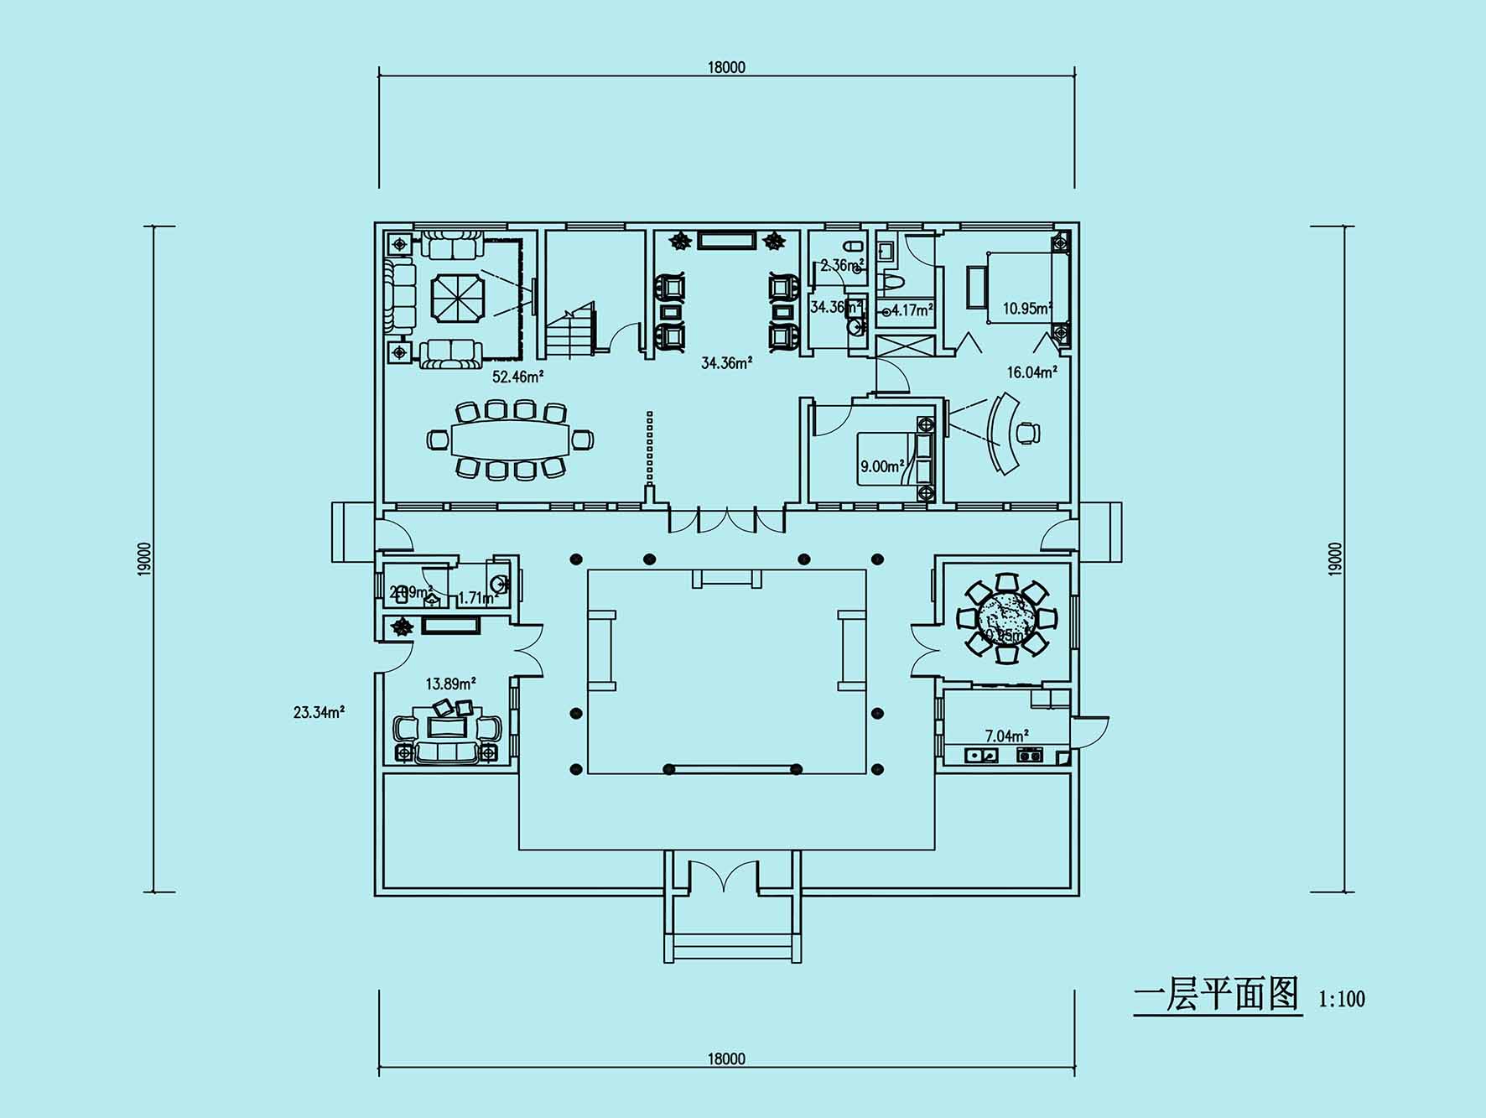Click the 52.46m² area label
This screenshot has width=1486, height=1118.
click(x=517, y=377)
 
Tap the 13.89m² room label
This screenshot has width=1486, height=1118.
click(x=450, y=684)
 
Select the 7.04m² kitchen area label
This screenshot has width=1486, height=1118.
click(x=1006, y=736)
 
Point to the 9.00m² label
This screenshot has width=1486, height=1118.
click(x=882, y=466)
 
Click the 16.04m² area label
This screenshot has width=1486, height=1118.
click(x=1031, y=372)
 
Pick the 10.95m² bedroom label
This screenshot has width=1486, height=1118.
click(x=1027, y=308)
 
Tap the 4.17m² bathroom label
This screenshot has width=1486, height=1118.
click(x=912, y=310)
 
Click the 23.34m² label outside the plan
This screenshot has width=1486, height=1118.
click(x=319, y=713)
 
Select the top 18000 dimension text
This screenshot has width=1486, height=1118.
click(x=726, y=67)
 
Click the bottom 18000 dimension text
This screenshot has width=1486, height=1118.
click(x=726, y=1058)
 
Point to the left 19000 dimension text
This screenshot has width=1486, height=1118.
click(x=145, y=559)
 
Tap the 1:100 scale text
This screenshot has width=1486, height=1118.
click(x=1342, y=999)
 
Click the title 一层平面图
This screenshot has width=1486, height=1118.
click(x=1216, y=996)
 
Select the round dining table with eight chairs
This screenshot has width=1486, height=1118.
click(x=1006, y=619)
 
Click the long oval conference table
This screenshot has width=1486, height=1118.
click(x=510, y=439)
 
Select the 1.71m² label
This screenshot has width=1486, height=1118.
click(x=478, y=598)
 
